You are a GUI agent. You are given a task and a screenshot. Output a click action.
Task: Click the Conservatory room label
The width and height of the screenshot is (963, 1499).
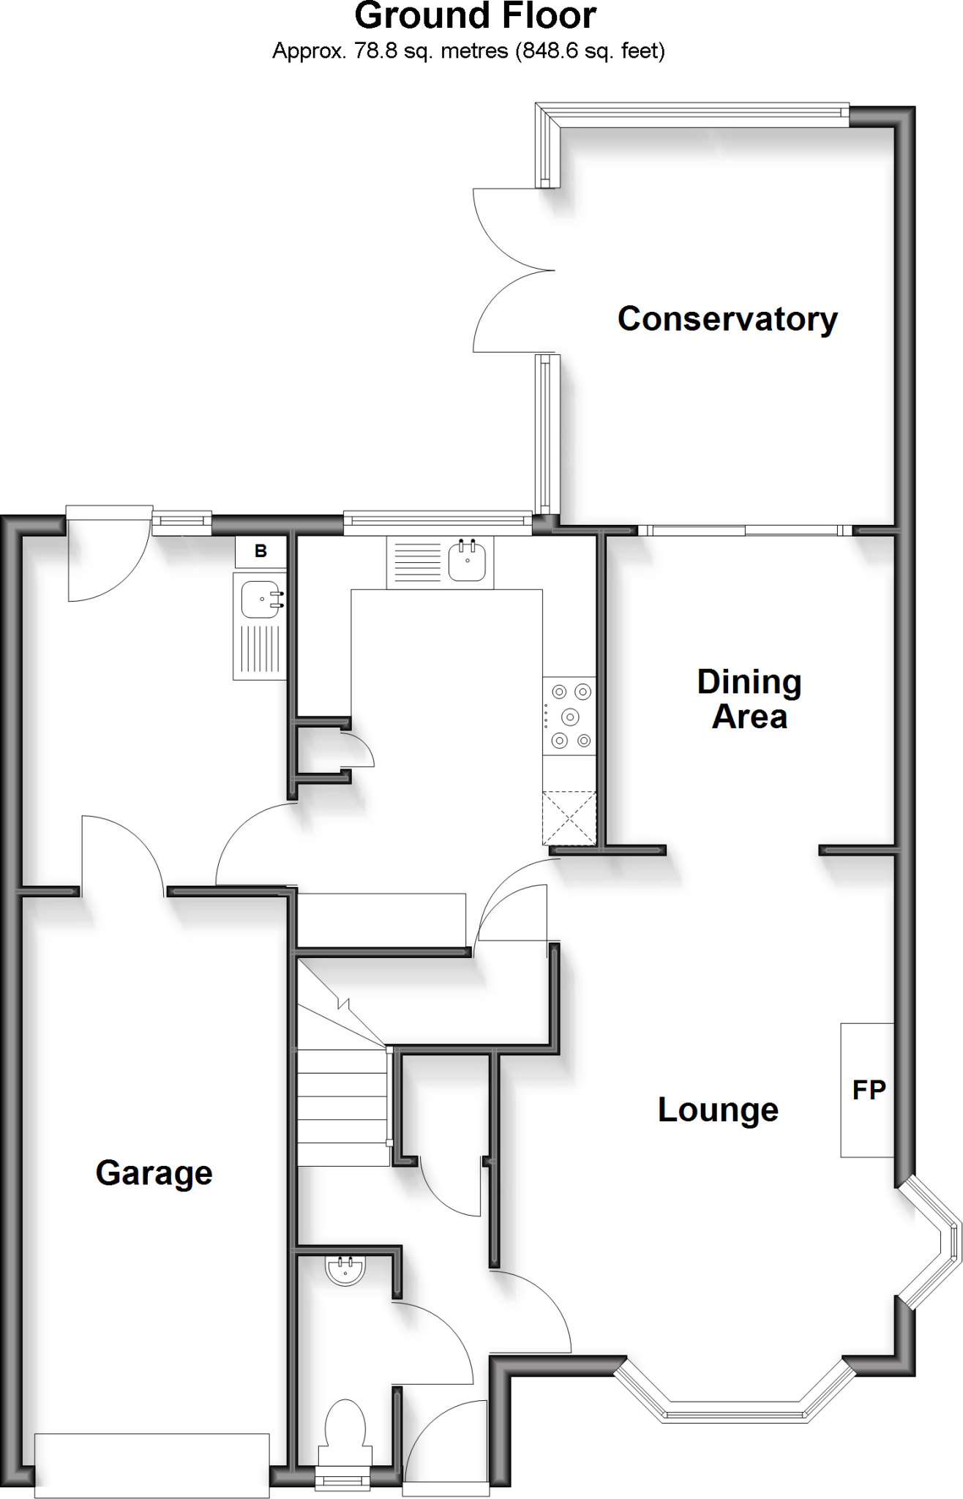click(727, 319)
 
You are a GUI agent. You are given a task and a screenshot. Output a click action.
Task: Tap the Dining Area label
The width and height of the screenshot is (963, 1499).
click(749, 699)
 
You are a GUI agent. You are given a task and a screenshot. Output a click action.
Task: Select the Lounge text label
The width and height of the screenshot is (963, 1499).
click(718, 1110)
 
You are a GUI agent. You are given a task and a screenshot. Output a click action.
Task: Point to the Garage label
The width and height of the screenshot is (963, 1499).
click(154, 1173)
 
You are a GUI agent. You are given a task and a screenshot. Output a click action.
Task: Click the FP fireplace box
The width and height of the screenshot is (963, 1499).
click(868, 1090)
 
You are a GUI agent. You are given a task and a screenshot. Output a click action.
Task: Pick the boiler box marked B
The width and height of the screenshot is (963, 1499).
click(261, 552)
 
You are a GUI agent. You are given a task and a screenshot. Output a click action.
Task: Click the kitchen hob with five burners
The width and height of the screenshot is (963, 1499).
click(569, 716)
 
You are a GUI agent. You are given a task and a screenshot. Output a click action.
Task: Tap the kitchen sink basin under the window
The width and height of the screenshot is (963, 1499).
click(467, 561)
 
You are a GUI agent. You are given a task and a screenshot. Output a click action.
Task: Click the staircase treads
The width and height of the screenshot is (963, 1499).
click(342, 1105)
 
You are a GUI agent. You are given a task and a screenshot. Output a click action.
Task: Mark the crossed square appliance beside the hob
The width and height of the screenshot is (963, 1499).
click(569, 818)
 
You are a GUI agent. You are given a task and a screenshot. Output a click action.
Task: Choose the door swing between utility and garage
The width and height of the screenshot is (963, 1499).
click(121, 853)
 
